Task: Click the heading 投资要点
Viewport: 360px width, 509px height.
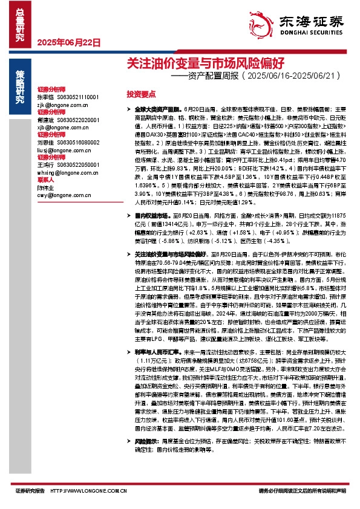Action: coord(140,96)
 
